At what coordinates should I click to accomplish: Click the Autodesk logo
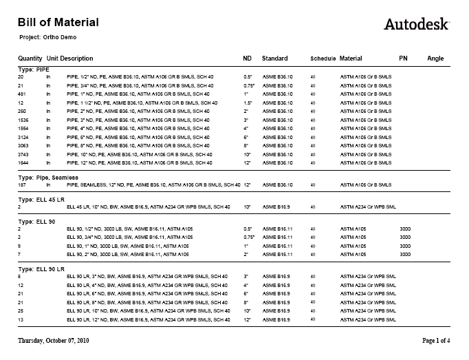(416, 24)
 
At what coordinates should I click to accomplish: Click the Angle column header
(435, 59)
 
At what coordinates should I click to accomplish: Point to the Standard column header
(274, 59)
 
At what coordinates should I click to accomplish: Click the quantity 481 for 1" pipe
(21, 94)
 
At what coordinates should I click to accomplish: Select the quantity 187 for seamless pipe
(21, 185)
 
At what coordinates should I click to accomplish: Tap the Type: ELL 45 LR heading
(43, 199)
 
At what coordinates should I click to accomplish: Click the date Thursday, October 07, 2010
(53, 341)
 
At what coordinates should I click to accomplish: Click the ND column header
(248, 59)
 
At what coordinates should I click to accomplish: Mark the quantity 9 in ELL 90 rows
(19, 246)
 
